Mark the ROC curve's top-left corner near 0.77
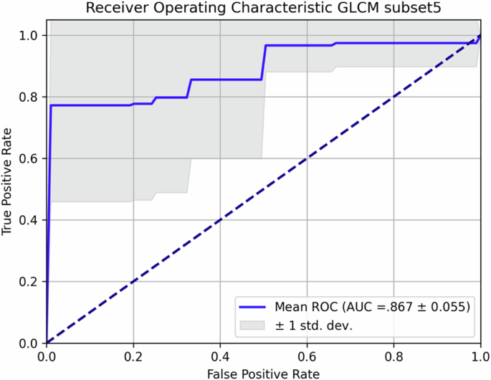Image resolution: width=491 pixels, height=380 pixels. [x=51, y=105]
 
